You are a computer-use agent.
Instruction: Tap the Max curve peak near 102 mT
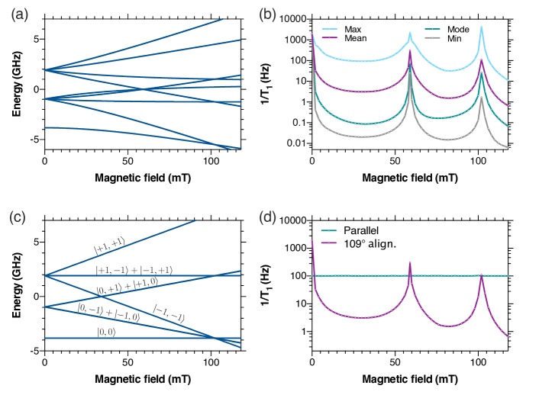pyautogui.click(x=481, y=27)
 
